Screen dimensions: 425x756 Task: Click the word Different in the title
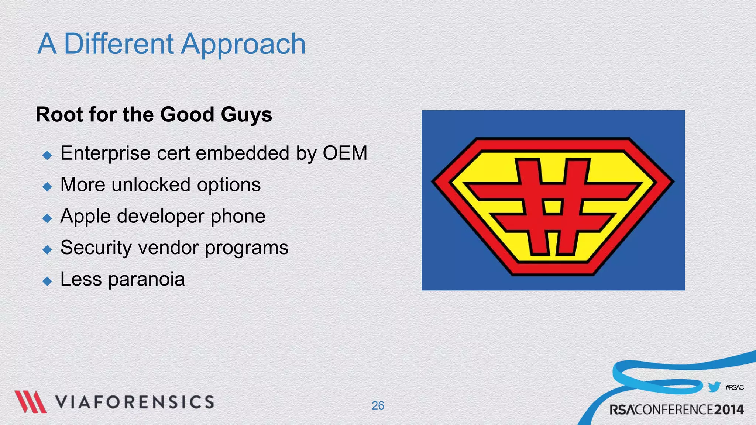coord(118,44)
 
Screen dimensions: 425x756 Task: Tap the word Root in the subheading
coord(59,114)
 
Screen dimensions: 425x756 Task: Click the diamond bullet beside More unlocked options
coord(47,187)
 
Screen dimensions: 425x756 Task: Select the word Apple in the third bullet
coord(85,217)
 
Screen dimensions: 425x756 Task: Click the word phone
coord(238,217)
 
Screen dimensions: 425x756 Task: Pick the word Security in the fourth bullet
coord(96,248)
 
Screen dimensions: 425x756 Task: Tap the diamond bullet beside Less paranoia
coord(47,281)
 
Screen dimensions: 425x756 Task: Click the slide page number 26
coord(378,405)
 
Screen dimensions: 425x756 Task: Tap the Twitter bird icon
coord(714,387)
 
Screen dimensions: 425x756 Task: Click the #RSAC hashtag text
coord(734,387)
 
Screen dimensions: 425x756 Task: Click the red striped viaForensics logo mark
coord(30,402)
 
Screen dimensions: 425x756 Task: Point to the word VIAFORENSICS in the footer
coord(135,402)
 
